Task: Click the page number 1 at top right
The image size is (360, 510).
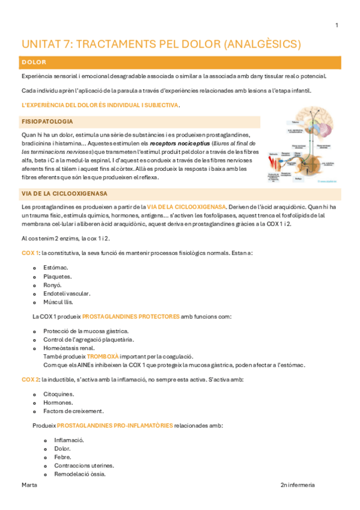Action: coord(337,25)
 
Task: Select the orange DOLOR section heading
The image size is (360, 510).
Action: coord(34,62)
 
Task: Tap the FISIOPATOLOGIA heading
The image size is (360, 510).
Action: coord(47,121)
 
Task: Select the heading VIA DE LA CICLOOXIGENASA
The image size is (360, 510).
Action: coord(64,194)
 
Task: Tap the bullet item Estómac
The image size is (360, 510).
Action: coord(56,268)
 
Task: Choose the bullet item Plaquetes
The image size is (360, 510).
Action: coord(58,277)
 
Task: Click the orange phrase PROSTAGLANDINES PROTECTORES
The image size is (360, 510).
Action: coord(130,316)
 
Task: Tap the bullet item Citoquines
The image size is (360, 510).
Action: coord(59,395)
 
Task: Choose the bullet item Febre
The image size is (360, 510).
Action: coord(63,457)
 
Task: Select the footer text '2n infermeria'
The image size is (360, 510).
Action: coord(297,485)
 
